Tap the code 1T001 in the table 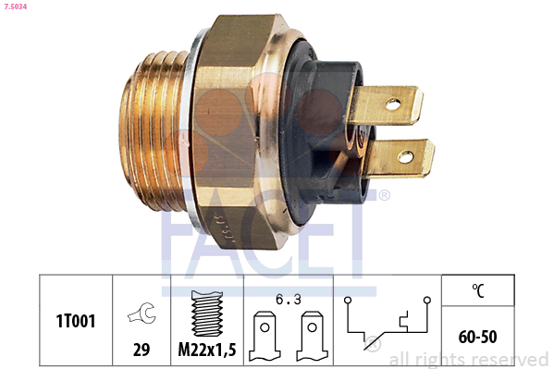click(76, 321)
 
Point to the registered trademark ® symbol click(384, 195)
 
